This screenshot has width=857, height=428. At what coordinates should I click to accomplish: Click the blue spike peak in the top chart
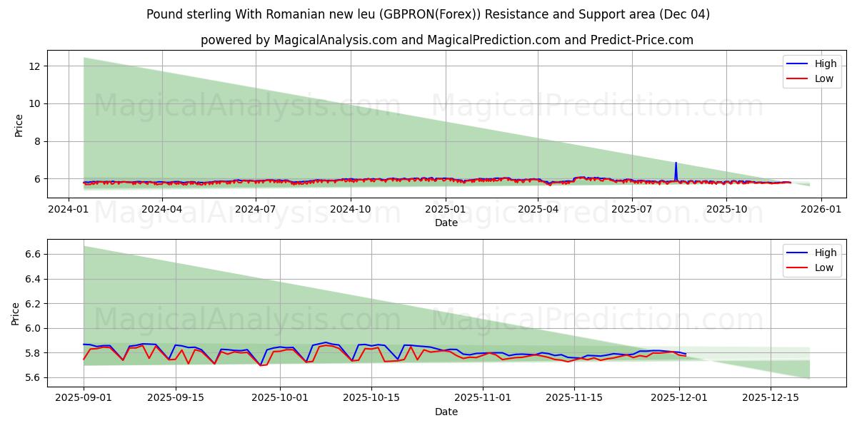(676, 163)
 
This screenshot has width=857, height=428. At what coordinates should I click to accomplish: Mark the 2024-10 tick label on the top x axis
(351, 210)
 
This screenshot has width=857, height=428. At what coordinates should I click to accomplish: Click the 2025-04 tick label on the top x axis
(538, 210)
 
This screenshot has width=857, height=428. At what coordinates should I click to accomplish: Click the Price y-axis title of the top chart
(19, 126)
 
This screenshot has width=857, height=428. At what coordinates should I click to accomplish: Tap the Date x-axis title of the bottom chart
(446, 412)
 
